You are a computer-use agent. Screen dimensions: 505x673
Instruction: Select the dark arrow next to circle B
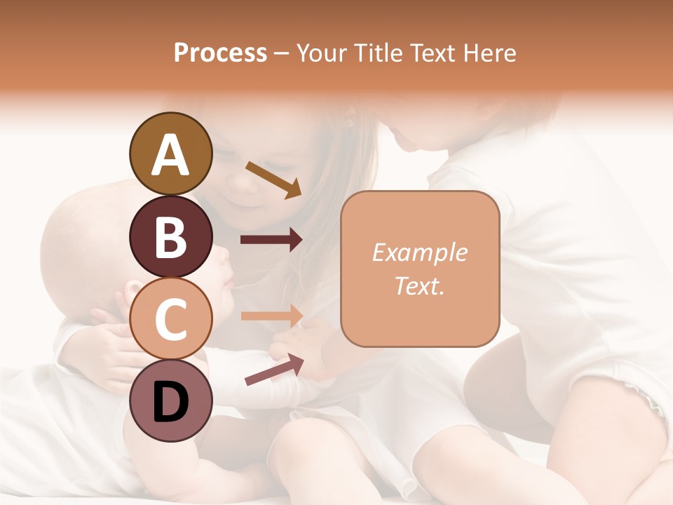click(x=271, y=240)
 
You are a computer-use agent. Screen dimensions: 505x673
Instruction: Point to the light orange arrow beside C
click(x=271, y=316)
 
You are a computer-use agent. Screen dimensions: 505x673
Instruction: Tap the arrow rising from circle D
click(x=274, y=370)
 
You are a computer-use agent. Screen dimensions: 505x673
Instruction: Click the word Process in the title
click(x=220, y=53)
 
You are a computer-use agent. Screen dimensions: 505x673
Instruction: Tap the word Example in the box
click(x=419, y=252)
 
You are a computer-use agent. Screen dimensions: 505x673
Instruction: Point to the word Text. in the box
click(x=419, y=286)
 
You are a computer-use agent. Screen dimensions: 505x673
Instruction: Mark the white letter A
click(x=170, y=155)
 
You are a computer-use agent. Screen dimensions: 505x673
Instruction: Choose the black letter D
click(x=170, y=403)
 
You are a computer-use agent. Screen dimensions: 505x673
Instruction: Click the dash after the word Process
click(x=281, y=53)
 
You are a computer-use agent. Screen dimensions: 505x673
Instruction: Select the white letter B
click(x=170, y=238)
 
